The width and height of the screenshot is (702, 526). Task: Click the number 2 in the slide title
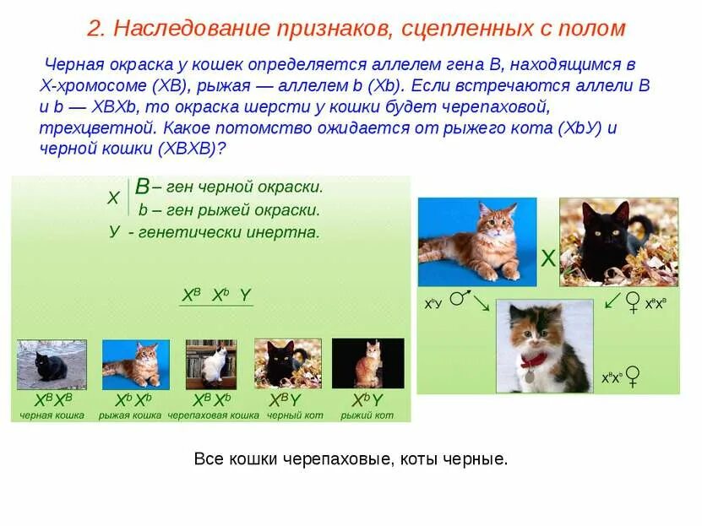94,29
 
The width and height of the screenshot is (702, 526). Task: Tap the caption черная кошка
52,415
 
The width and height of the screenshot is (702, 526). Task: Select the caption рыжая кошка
130,415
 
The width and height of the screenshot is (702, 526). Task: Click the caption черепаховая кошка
213,415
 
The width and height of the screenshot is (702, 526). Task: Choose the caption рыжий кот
367,415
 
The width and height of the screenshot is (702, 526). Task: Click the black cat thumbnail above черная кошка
52,364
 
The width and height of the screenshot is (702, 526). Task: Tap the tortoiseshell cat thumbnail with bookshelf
211,364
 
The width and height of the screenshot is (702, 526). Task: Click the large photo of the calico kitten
544,345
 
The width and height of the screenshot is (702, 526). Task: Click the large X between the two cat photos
548,259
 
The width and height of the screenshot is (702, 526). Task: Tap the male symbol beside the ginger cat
458,299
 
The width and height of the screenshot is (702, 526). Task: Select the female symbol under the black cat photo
632,302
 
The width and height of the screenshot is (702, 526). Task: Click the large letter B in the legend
143,187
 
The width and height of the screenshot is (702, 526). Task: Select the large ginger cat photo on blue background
477,241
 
